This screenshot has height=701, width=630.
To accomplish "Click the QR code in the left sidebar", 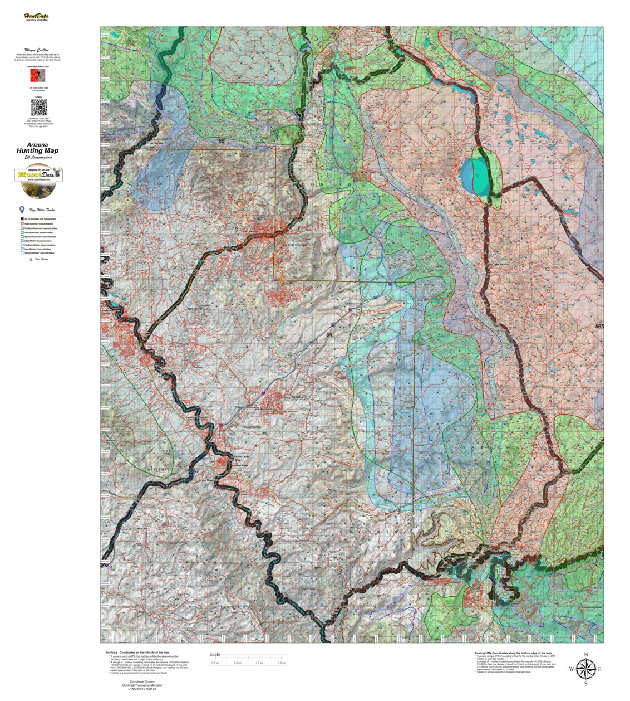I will [38, 107].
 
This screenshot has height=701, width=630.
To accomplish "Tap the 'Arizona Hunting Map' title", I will [38, 149].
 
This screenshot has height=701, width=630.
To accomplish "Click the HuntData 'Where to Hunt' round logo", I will [38, 182].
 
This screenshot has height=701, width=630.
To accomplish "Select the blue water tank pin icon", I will [22, 210].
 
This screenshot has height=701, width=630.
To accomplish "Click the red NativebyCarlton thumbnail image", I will [38, 75].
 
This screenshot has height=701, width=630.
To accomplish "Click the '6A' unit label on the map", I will [329, 334].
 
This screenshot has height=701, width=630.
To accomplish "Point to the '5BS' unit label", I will [599, 327].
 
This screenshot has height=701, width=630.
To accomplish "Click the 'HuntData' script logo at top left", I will [36, 16].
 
